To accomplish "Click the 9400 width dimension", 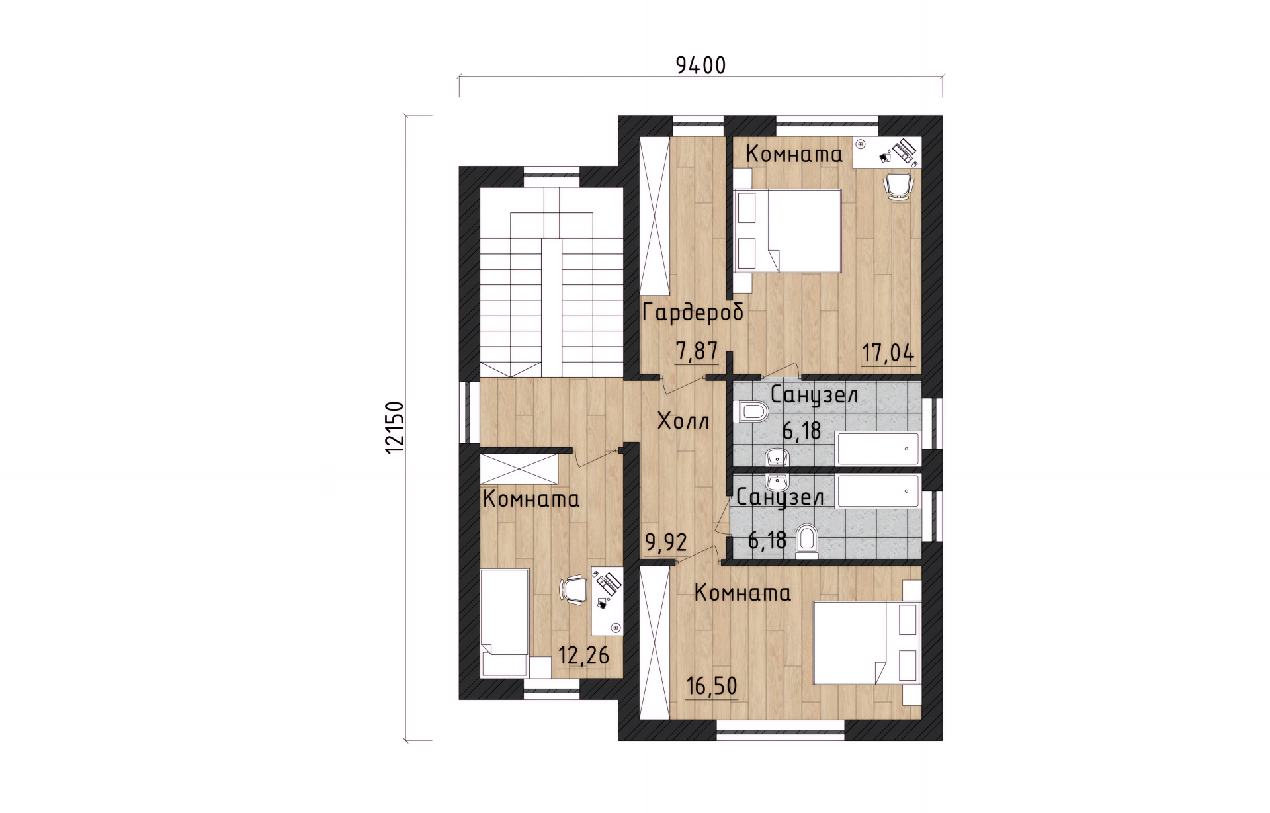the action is [x=700, y=65].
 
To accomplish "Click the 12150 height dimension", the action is [x=394, y=427].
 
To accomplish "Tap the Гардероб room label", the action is [x=693, y=312].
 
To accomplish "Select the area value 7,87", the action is [x=697, y=351].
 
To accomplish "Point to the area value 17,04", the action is [x=888, y=353].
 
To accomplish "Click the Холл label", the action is [x=684, y=421].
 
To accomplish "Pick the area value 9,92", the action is [x=666, y=543].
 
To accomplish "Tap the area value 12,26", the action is [x=583, y=656].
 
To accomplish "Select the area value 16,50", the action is [x=712, y=686].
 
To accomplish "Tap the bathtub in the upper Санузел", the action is [x=877, y=449].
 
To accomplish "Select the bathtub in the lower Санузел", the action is [x=877, y=491].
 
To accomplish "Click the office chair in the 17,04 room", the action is [x=898, y=185].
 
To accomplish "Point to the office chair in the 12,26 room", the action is [x=574, y=589].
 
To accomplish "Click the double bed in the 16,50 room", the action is [x=867, y=642].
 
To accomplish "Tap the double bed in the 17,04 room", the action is [x=787, y=230].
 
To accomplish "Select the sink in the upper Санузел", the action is [x=777, y=457].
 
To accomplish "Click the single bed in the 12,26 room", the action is [x=505, y=622].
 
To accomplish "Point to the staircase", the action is [x=552, y=282].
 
